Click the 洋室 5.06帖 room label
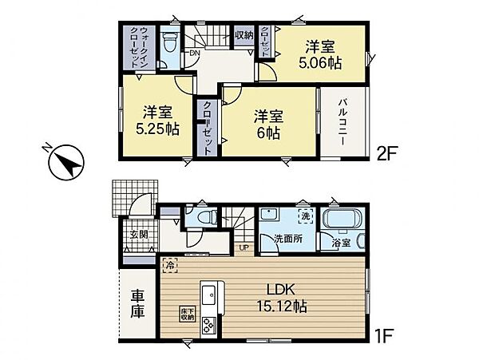click(322, 55)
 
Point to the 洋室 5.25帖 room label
click(155, 119)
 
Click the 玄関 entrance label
click(137, 235)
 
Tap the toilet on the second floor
click(169, 42)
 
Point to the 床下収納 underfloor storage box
click(187, 314)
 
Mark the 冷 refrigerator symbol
click(169, 261)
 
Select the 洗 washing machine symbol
click(304, 216)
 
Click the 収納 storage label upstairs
click(244, 34)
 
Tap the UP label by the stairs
click(243, 247)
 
